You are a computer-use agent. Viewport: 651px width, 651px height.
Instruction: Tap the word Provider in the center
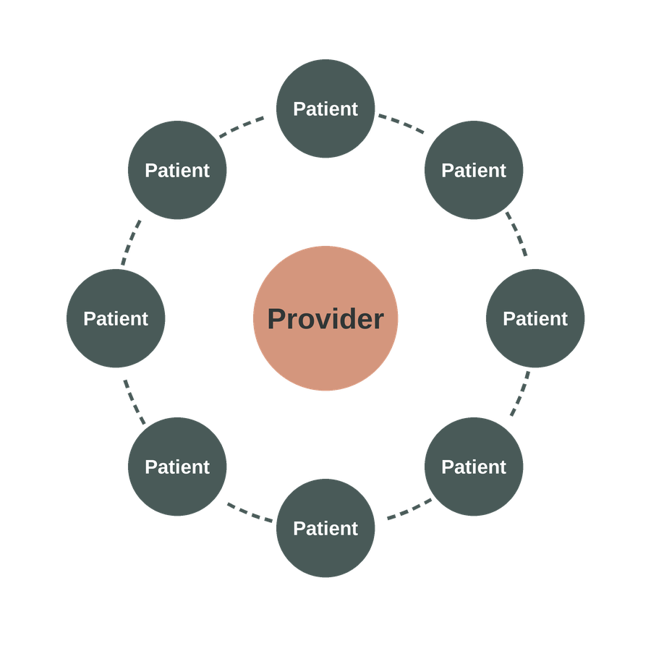(x=325, y=319)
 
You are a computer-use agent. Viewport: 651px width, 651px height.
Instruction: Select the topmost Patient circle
(x=325, y=109)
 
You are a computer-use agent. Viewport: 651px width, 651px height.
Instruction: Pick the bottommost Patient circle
(x=325, y=528)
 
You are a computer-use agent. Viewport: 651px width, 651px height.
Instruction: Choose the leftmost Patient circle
(x=116, y=318)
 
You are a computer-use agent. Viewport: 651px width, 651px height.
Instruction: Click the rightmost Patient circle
(x=535, y=318)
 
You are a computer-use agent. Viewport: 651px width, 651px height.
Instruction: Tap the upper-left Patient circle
(x=177, y=170)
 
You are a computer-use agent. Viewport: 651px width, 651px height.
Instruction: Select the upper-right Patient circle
(x=474, y=170)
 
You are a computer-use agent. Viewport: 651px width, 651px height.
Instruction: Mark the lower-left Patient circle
(x=177, y=467)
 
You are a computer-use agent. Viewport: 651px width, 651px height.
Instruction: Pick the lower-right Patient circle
(x=474, y=467)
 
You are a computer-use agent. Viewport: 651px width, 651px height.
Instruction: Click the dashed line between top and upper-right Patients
(x=401, y=123)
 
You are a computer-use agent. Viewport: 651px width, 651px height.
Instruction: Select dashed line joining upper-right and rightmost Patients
(x=516, y=233)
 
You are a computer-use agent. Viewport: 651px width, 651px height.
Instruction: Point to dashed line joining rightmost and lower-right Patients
(x=519, y=395)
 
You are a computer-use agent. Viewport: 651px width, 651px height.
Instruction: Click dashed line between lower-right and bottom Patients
(x=409, y=509)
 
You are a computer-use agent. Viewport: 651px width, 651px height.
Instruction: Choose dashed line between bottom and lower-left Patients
(x=250, y=511)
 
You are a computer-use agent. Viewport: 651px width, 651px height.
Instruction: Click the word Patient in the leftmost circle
(x=116, y=319)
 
